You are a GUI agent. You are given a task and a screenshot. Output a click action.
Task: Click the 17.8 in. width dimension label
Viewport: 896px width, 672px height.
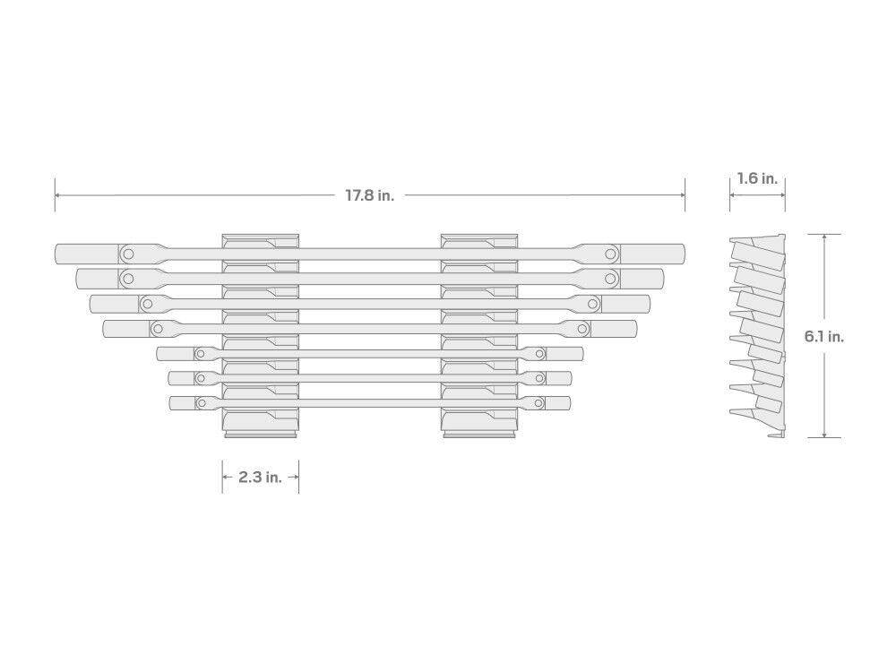tap(370, 195)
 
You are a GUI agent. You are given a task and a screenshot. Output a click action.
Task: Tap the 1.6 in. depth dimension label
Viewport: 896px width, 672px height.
tap(757, 179)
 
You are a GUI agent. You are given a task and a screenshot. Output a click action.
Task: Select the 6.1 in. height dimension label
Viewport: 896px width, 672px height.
tap(824, 337)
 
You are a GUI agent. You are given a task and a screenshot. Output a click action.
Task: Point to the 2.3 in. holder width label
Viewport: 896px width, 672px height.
tap(260, 478)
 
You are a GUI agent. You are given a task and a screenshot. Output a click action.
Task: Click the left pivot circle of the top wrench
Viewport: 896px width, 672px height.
tap(128, 254)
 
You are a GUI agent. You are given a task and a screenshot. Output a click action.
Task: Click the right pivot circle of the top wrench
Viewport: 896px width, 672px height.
tap(611, 254)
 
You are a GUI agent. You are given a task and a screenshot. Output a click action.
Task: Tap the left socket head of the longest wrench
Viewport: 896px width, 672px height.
tap(87, 254)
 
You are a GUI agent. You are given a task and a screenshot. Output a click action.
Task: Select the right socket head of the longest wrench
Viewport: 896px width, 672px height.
tap(652, 254)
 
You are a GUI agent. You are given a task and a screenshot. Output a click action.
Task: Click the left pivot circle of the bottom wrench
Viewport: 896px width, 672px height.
tap(201, 403)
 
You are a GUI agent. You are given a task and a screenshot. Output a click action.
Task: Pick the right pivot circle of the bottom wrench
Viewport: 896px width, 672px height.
tap(538, 403)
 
